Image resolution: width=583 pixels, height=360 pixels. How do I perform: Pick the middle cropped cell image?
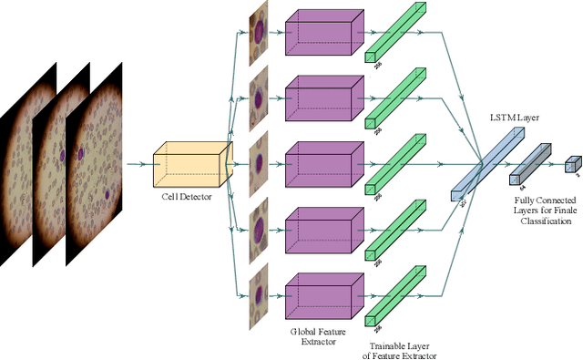coord(260,165)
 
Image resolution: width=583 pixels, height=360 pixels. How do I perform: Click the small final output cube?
coord(572,164)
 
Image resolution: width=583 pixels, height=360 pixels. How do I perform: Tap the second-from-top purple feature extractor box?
coord(319,101)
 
